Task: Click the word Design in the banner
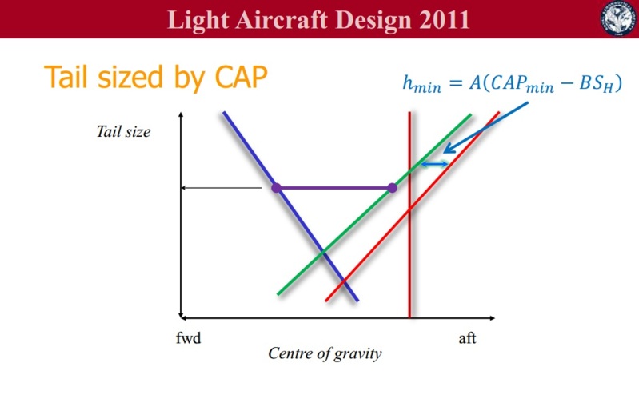coord(374,20)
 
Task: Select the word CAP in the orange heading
coord(241,76)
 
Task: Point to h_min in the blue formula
coord(421,84)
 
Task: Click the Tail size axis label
coord(123,132)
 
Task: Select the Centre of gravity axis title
coord(325,353)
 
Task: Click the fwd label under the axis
coord(188,338)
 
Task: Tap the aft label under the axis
coord(467,338)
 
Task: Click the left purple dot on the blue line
coord(276,188)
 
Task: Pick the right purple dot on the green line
coord(392,188)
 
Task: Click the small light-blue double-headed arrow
coord(434,164)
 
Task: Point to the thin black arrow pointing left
coord(222,188)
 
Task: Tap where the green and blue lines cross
coord(323,253)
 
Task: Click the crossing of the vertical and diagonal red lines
coord(410,209)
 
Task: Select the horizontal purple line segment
coord(334,188)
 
